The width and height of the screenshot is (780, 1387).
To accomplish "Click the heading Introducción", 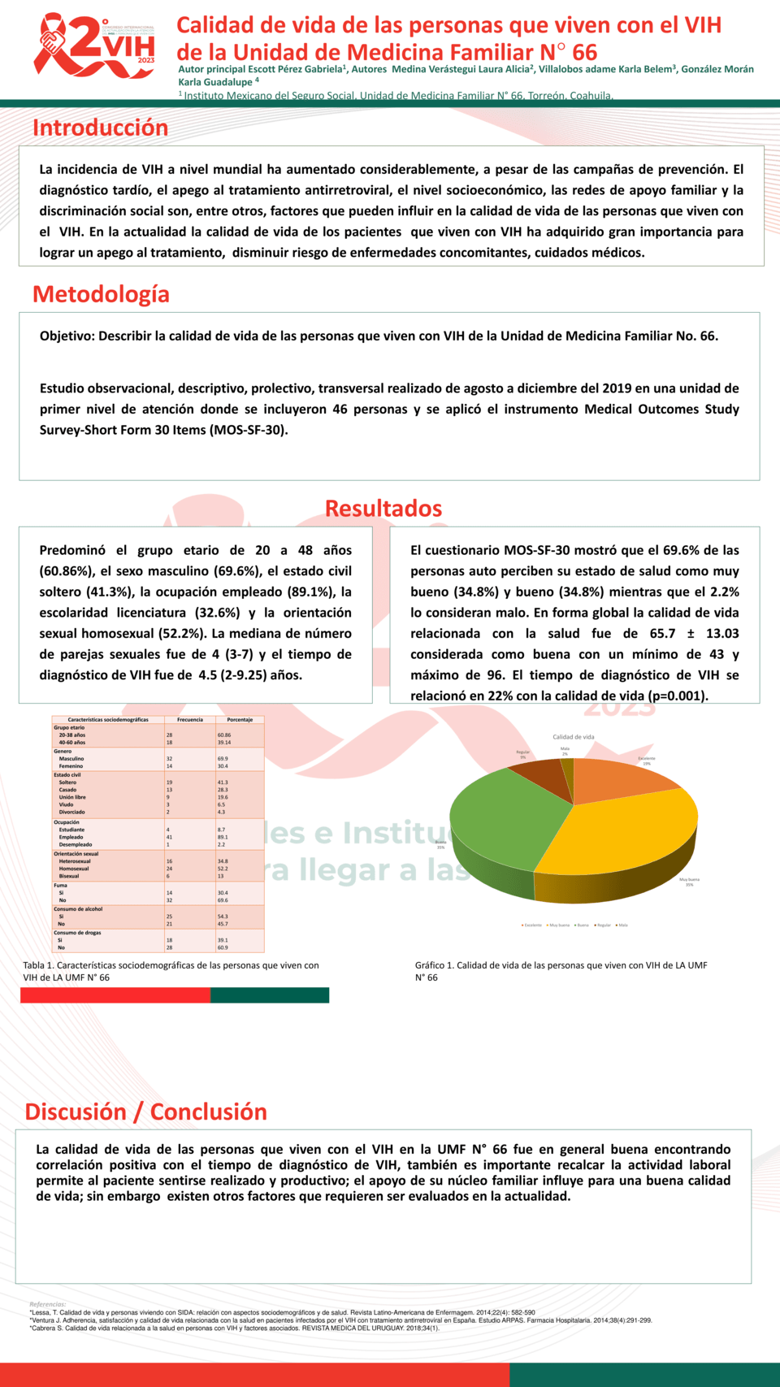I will click(x=100, y=128).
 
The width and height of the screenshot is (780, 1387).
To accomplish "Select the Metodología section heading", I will click(x=101, y=294).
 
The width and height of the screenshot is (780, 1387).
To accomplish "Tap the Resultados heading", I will click(x=383, y=509).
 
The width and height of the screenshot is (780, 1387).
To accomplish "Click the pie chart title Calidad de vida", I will click(x=574, y=737).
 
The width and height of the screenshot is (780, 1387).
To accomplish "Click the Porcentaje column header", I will click(x=240, y=720).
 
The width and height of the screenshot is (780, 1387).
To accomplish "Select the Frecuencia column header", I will click(x=190, y=720).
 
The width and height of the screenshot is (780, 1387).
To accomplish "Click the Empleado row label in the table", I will click(x=71, y=837).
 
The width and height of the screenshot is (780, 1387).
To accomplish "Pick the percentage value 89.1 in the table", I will click(x=223, y=837).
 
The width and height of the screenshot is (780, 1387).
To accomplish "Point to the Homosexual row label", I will click(x=74, y=869).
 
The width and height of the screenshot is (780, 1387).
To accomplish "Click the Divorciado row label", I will click(x=71, y=812).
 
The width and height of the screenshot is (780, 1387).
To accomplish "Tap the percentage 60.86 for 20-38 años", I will click(x=224, y=735).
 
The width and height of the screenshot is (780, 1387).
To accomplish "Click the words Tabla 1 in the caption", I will click(x=37, y=965).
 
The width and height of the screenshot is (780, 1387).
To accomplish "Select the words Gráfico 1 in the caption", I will click(x=434, y=965).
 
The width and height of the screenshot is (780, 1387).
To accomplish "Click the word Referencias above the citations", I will click(x=47, y=1304).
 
